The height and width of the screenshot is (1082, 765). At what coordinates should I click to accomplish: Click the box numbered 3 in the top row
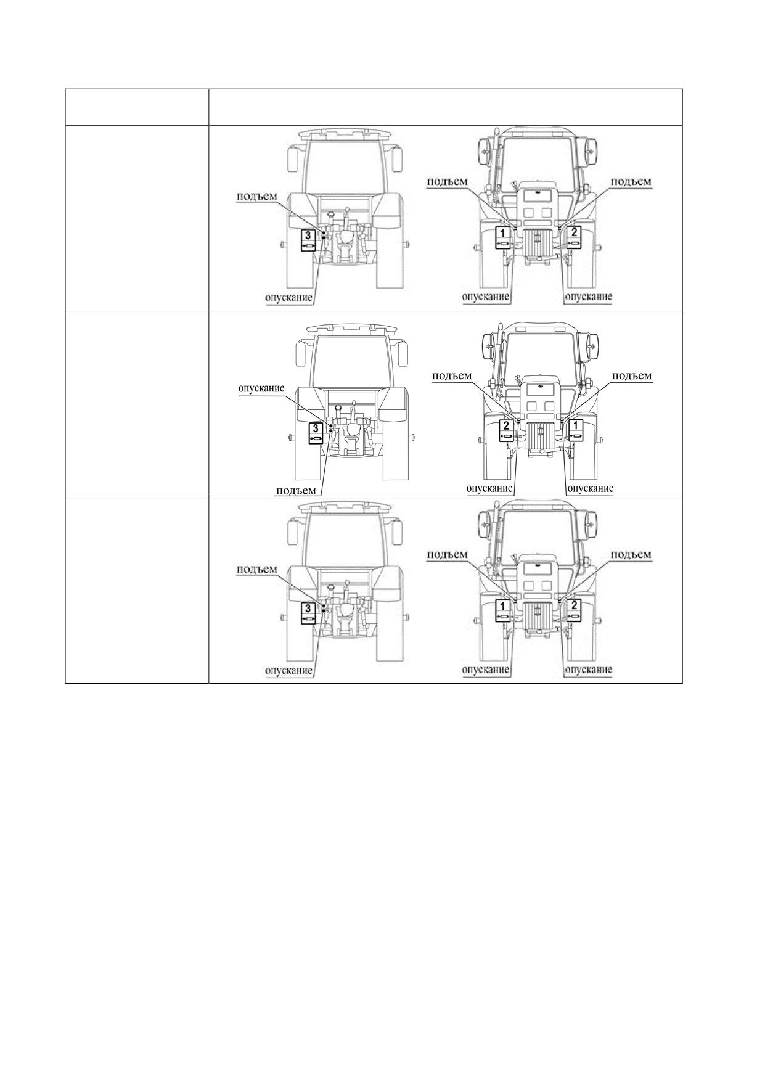308,239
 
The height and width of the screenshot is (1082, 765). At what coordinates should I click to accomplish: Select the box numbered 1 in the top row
504,237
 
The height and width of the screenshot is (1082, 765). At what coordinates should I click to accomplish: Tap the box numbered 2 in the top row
575,237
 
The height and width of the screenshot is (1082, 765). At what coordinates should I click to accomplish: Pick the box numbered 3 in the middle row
315,433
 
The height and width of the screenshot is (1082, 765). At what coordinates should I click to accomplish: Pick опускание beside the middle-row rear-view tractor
261,388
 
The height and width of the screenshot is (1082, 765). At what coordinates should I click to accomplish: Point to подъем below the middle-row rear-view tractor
296,491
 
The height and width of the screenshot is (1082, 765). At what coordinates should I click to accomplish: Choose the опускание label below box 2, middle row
490,488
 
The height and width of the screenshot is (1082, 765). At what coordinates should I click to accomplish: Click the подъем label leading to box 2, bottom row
631,554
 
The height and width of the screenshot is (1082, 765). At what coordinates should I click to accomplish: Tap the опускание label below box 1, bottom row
486,670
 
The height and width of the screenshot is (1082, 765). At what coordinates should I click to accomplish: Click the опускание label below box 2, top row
589,297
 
